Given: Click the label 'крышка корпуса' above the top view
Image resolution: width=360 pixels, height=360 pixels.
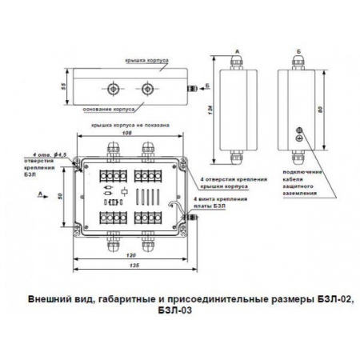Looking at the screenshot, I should pos(150,60).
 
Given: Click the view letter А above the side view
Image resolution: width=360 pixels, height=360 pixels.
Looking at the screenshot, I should pos(235,52).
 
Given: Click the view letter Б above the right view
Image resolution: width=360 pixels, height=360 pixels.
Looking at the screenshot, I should pos(298,52).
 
